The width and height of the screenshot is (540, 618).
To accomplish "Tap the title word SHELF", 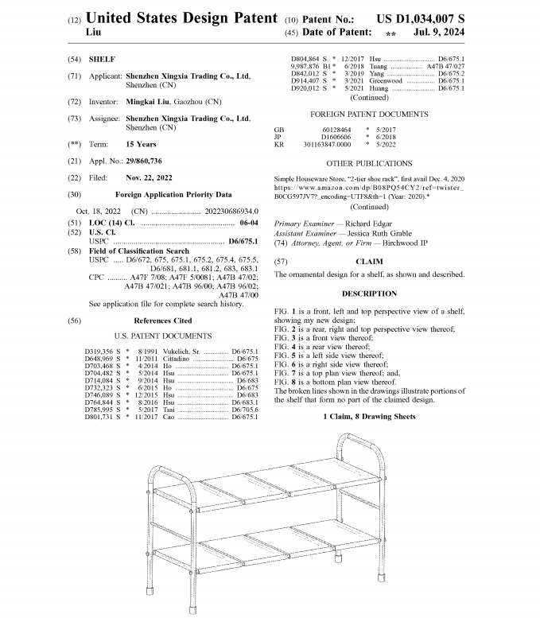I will pos(102,60).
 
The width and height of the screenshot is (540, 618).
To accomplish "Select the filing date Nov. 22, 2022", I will pos(149,177).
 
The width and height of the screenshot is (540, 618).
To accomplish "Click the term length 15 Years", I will pos(140,145).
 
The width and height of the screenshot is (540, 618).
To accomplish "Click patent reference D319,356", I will pos(103,351).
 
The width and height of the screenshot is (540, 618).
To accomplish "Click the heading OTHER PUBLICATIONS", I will pos(367,163).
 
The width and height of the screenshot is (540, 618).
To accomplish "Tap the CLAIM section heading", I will pos(368,261).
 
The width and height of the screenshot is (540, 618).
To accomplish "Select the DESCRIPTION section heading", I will pos(368,293).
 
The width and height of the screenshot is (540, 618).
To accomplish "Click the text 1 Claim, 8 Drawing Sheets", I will pos(368,417).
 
